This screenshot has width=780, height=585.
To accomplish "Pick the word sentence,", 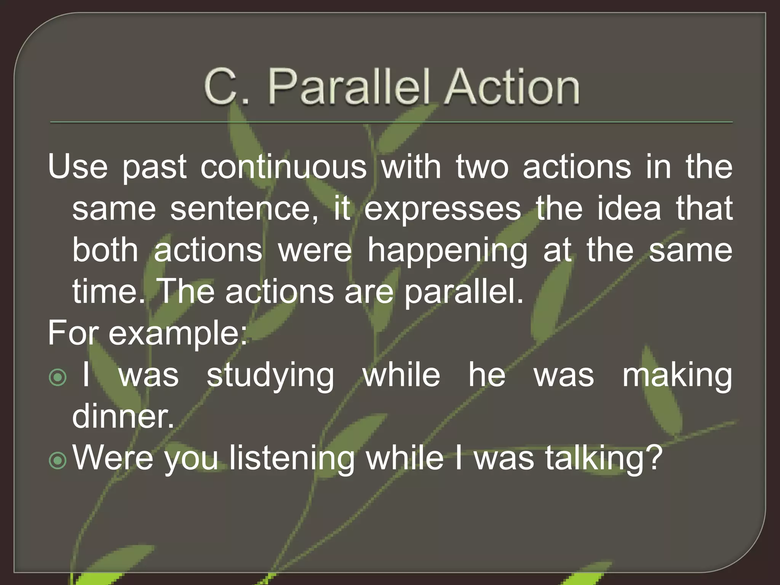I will click(x=244, y=208).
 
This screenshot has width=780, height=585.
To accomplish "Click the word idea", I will click(x=629, y=208).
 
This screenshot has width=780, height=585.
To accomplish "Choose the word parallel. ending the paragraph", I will click(x=464, y=292).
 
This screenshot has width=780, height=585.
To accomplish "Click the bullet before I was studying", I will click(x=58, y=377).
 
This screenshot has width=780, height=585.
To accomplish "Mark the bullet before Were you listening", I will click(x=58, y=460).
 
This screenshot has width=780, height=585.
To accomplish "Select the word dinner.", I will click(x=123, y=416).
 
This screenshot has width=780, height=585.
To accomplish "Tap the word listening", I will click(x=292, y=458).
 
